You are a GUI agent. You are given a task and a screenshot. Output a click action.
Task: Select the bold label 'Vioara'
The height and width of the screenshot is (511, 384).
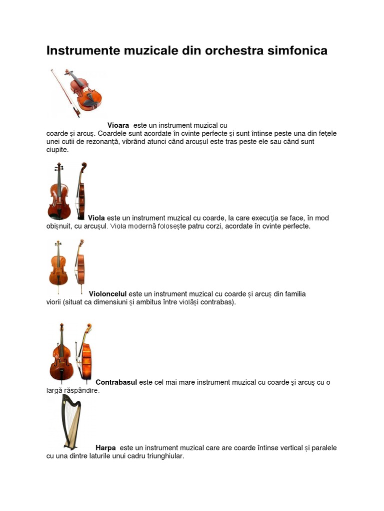tap(118, 125)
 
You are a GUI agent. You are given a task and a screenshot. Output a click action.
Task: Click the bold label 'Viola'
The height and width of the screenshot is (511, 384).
tap(96, 218)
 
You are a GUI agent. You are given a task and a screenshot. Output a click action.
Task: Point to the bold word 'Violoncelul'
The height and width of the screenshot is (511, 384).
tap(108, 294)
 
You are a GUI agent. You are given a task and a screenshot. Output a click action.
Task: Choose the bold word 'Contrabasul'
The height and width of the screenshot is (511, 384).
tap(116, 383)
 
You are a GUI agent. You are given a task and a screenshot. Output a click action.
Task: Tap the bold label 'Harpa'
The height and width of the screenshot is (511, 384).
tap(105, 448)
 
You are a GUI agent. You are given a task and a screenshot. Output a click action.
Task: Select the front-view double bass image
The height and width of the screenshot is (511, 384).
tap(61, 352)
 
